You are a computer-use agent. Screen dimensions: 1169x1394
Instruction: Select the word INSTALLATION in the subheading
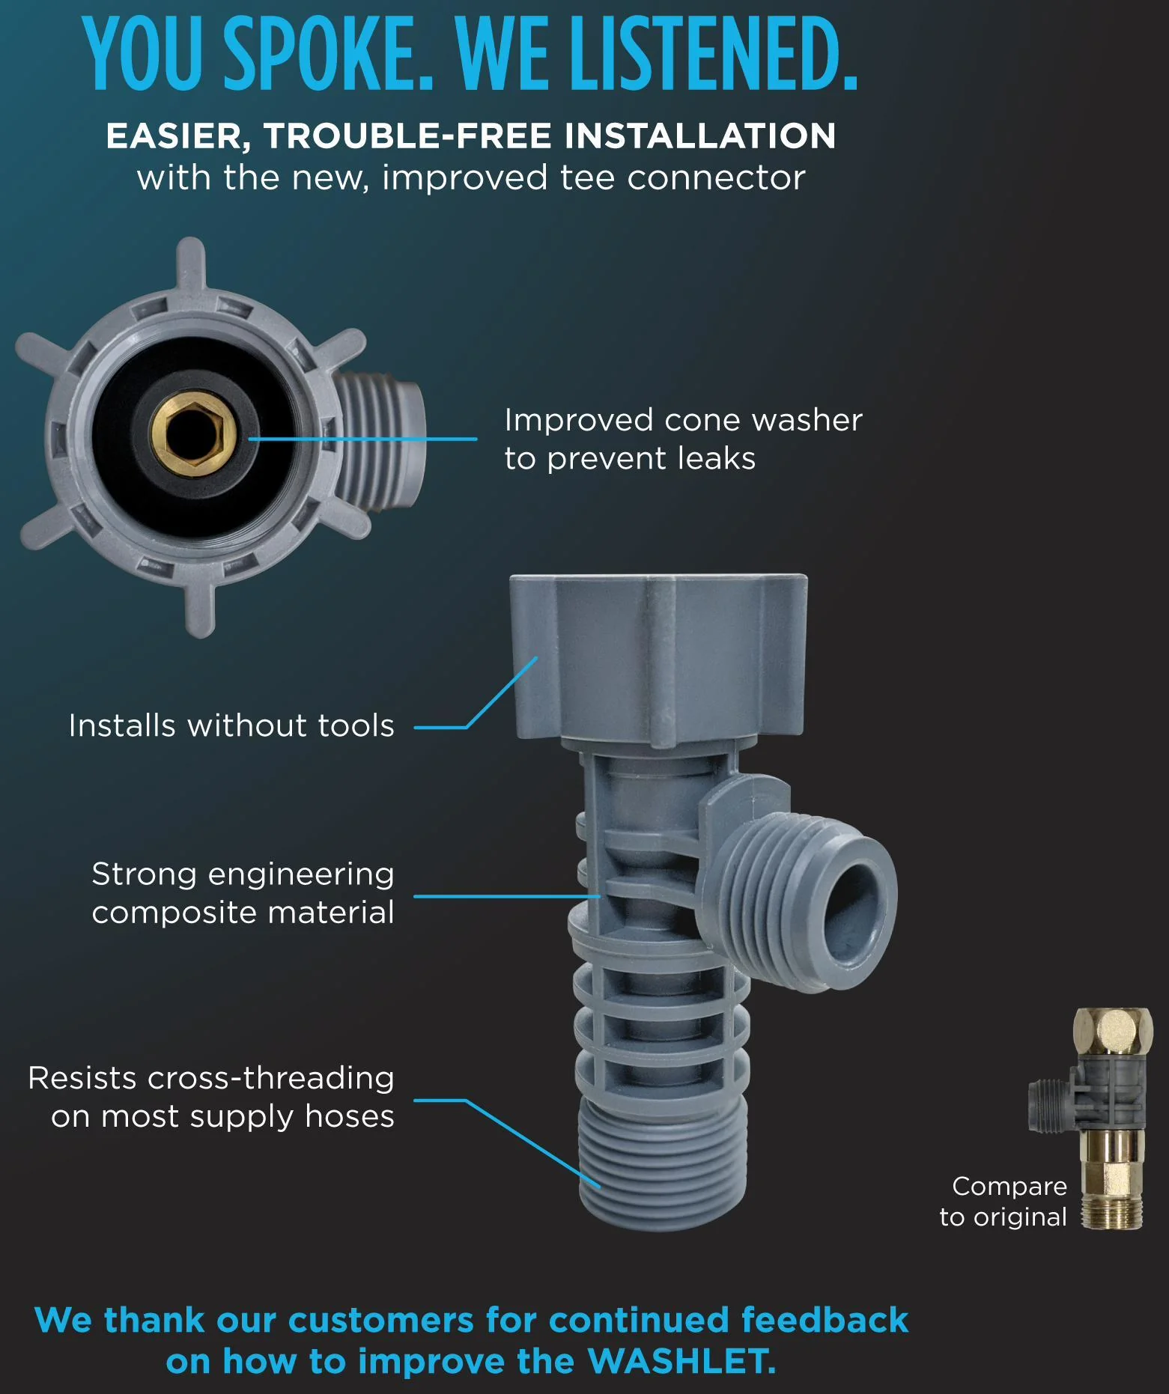pos(700,136)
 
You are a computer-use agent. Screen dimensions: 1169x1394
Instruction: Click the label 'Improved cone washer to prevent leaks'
pos(683,439)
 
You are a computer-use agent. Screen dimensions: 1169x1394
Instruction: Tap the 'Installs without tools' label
pos(231,725)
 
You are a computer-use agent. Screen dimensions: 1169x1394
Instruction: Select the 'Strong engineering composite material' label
pos(243,893)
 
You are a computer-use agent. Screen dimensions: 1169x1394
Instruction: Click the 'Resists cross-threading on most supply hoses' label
pos(211,1097)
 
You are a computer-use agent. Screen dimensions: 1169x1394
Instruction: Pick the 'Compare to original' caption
pos(1003,1202)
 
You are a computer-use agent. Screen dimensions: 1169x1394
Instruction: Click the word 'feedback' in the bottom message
pos(825,1321)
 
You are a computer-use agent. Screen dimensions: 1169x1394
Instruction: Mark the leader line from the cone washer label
pos(362,439)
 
